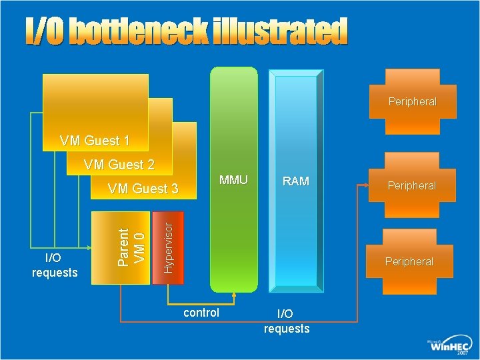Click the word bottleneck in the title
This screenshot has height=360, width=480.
click(x=139, y=32)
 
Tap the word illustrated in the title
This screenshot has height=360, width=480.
click(x=280, y=32)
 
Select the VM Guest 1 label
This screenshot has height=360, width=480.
click(x=94, y=141)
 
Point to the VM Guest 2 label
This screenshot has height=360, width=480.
click(x=119, y=164)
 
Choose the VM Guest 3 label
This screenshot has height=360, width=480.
click(x=143, y=189)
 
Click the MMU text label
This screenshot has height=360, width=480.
click(x=233, y=180)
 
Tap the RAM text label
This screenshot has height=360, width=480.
click(x=296, y=181)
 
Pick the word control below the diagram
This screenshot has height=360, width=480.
click(x=201, y=313)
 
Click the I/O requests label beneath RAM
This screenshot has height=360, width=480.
click(x=287, y=321)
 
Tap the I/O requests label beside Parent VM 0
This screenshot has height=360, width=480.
click(x=55, y=265)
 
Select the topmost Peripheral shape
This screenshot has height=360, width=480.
click(x=412, y=101)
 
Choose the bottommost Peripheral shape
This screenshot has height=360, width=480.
click(x=409, y=261)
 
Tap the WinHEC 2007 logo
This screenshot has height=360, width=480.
click(x=448, y=345)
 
